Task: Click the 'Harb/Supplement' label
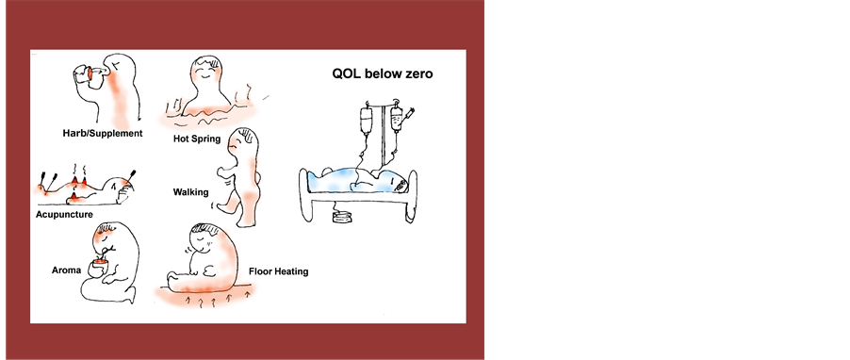click(103, 134)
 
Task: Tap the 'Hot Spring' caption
click(197, 139)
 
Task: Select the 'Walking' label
click(190, 192)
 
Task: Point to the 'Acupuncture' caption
click(64, 215)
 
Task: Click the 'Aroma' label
click(66, 270)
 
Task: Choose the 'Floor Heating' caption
click(279, 271)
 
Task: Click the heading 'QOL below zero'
click(383, 74)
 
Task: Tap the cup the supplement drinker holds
click(84, 76)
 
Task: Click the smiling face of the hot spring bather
click(206, 71)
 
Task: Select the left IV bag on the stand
click(367, 120)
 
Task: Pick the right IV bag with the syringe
click(397, 119)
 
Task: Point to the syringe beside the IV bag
click(409, 114)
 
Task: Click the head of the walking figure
click(243, 142)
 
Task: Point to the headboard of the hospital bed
click(413, 195)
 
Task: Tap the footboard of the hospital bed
click(305, 194)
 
